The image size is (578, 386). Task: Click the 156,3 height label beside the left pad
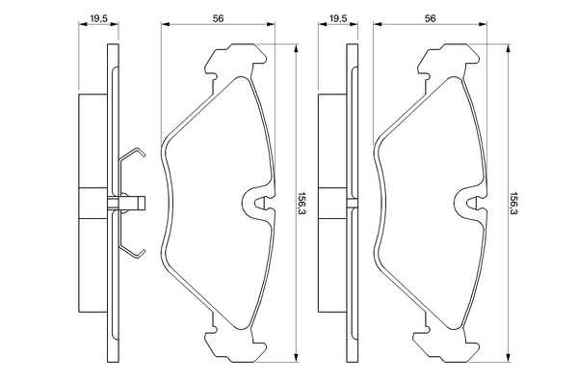point(302,203)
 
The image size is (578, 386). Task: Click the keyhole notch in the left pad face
point(254,202)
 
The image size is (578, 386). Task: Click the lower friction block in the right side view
point(330,265)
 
